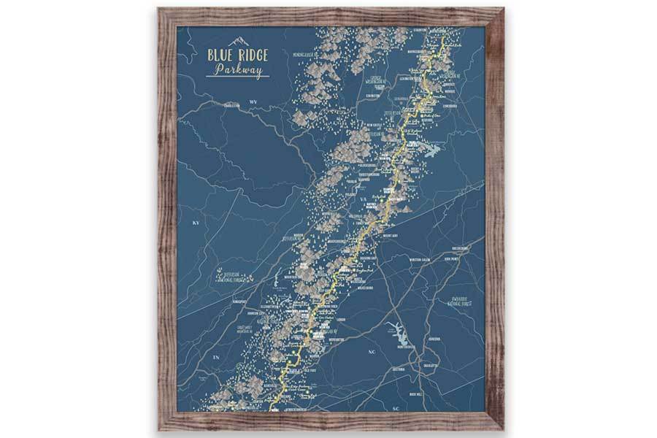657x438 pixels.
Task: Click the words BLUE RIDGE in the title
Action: [x=238, y=55]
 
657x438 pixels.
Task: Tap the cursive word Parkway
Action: [x=238, y=69]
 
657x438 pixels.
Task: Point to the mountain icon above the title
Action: [x=239, y=42]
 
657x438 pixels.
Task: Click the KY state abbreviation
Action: [x=195, y=222]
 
